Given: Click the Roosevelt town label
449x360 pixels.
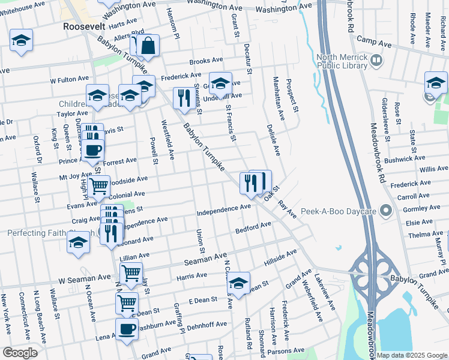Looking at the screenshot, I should (84, 26).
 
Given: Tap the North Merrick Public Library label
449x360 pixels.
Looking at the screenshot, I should (342, 61).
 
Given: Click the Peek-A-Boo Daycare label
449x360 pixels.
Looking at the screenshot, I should (347, 211).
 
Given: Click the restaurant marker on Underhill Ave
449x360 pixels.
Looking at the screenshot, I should (182, 97).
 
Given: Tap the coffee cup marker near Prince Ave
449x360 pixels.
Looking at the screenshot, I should (92, 150).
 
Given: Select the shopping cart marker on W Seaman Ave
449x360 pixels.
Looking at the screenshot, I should (131, 273).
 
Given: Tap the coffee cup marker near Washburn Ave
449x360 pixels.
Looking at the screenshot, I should (127, 329).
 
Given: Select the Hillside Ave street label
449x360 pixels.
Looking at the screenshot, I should (280, 259).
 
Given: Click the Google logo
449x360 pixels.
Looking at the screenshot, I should (20, 352).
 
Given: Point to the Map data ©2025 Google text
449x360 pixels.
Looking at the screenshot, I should (412, 355).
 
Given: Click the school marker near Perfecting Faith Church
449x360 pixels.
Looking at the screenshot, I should (78, 244).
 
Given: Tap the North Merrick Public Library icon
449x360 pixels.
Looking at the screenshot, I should (376, 60).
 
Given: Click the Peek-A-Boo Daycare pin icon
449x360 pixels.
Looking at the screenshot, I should (386, 211).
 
